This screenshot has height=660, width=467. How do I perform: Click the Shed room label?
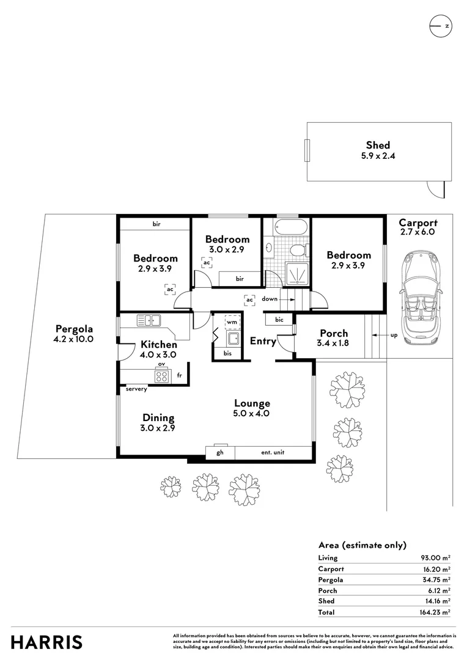click(378, 145)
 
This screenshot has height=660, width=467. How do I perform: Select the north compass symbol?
click(439, 26)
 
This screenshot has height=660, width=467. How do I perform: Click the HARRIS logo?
click(47, 642)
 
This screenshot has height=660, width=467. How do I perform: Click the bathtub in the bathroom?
click(287, 227)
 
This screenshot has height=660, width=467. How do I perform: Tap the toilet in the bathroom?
click(297, 250)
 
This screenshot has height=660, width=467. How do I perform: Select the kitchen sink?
click(149, 320)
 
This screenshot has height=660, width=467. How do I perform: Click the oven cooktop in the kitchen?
click(161, 376)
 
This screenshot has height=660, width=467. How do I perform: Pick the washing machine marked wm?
click(232, 321)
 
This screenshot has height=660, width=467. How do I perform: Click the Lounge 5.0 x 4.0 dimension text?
click(252, 414)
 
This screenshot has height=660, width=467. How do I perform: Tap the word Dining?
click(158, 418)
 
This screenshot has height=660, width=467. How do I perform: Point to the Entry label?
click(263, 341)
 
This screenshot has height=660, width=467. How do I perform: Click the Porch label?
click(334, 333)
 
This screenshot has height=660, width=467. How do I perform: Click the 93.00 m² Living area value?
click(435, 557)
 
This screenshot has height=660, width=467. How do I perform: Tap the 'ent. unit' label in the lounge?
click(273, 452)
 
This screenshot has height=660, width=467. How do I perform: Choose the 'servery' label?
click(136, 389)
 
